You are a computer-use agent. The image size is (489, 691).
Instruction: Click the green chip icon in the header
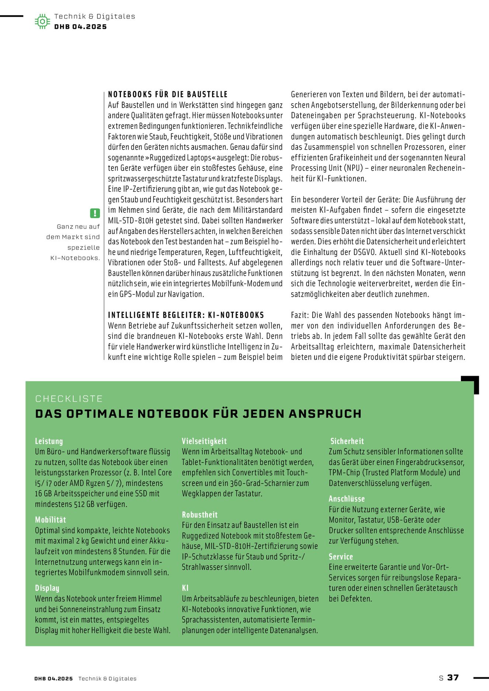(x=42, y=21)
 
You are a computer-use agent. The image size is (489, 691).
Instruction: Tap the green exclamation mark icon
(x=95, y=213)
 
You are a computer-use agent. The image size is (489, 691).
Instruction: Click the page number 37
(x=453, y=677)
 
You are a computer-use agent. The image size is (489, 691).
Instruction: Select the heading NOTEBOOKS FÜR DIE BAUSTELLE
(x=168, y=94)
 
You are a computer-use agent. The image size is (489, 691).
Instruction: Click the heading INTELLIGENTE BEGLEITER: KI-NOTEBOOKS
(x=186, y=315)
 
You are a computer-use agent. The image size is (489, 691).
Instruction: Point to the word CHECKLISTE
(x=69, y=398)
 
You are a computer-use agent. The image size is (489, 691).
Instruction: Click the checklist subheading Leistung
(x=49, y=441)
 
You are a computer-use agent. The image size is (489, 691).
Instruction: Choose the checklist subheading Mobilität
(x=50, y=520)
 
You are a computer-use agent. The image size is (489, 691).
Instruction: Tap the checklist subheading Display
(x=47, y=588)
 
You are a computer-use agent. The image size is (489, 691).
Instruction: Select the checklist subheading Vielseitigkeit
(x=204, y=441)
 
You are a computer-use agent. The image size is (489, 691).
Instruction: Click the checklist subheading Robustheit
(x=200, y=514)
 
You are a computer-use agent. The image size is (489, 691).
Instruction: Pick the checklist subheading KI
(x=185, y=588)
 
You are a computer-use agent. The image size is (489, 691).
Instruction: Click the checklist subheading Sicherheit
(x=347, y=441)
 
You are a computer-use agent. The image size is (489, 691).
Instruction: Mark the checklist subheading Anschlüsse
(x=347, y=499)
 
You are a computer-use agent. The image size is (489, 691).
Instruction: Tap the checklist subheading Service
(x=341, y=556)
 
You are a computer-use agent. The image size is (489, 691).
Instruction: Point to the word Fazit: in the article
(x=300, y=315)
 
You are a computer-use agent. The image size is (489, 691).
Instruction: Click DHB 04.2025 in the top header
(x=80, y=27)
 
